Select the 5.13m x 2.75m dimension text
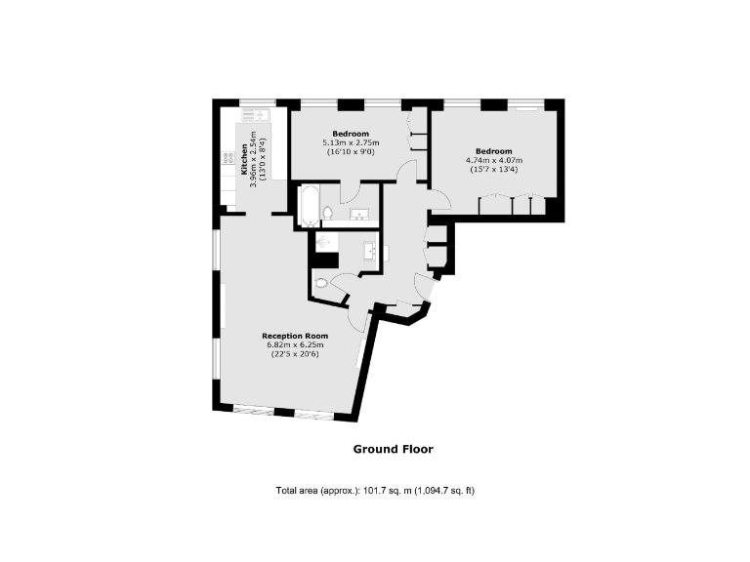351,142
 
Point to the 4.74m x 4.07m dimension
494,160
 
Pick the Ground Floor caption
393,450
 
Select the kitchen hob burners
226,157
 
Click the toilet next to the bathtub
329,213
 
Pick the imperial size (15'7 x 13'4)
494,170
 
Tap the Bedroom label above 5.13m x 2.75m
351,133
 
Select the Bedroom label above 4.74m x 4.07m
494,150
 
